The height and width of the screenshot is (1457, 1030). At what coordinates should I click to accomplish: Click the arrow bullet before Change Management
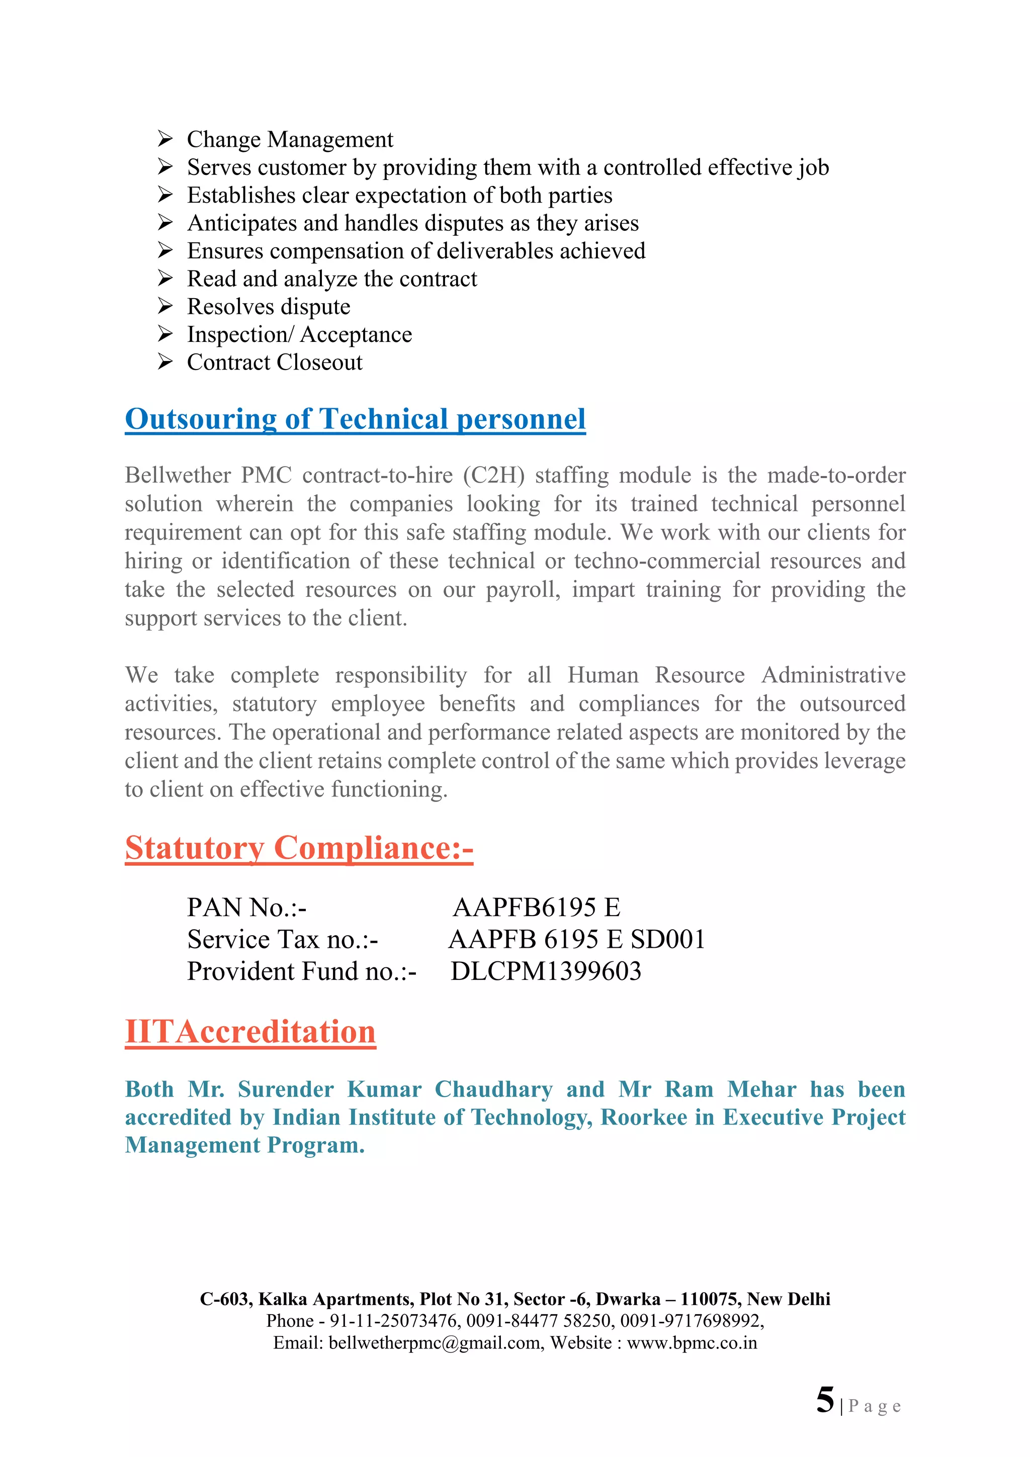point(165,138)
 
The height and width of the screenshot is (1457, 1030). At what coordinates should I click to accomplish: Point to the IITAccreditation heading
point(250,1032)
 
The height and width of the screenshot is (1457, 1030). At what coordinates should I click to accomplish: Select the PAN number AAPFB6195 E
point(536,907)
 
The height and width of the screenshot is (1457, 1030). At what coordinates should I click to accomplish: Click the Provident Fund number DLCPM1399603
point(546,971)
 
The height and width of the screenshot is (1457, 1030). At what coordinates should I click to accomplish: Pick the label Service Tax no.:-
point(283,940)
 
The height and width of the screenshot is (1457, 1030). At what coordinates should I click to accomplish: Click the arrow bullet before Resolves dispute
point(165,307)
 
